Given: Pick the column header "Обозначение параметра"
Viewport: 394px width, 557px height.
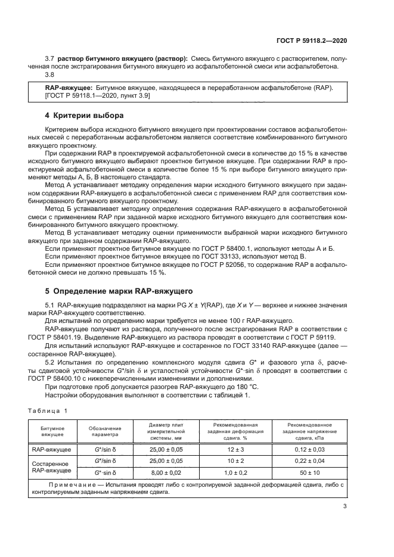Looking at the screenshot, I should click(x=106, y=431).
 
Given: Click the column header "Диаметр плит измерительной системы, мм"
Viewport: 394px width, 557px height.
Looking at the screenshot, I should click(x=166, y=431).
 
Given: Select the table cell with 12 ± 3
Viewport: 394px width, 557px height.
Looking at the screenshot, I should click(x=234, y=449).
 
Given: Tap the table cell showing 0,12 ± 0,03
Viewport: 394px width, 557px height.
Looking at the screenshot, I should click(x=309, y=449).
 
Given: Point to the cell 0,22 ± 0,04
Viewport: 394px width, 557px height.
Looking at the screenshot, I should click(x=309, y=460).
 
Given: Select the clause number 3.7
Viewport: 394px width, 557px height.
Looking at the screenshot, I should click(x=49, y=58).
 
